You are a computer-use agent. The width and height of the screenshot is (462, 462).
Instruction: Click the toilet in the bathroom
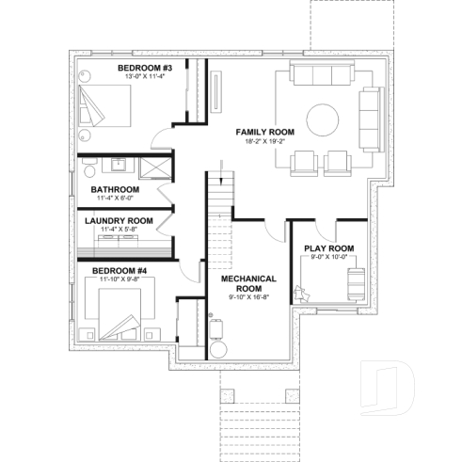pos(88,167)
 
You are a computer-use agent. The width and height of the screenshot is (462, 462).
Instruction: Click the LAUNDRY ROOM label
pos(119,220)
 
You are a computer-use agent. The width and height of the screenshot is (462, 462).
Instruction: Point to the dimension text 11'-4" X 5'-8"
pos(119,229)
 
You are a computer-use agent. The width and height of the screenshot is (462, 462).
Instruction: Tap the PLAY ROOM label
pos(327,248)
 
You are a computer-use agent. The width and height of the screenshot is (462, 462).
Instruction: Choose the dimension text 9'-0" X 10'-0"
pos(327,257)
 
